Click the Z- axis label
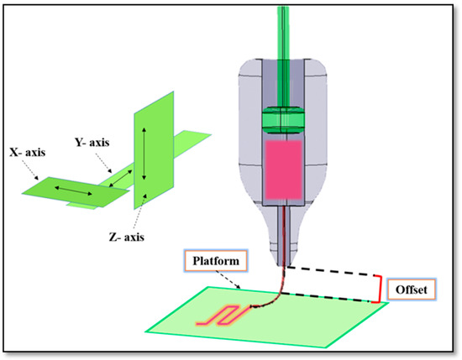click(125, 237)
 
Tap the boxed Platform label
click(210, 262)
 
